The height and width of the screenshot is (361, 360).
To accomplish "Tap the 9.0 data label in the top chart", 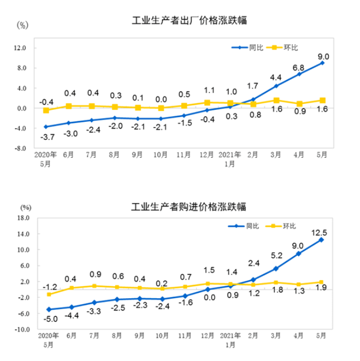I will [x=323, y=56].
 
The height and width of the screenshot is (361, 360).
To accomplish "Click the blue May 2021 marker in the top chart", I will [x=322, y=63].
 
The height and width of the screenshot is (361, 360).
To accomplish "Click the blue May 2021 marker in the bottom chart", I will [x=322, y=240].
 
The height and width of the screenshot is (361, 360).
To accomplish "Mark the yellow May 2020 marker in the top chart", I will [x=46, y=110].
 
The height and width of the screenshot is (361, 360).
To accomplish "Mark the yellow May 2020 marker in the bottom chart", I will [x=49, y=294].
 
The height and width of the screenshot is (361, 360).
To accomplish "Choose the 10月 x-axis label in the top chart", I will [x=161, y=155].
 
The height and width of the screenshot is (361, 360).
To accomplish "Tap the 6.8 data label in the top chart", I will [x=299, y=68].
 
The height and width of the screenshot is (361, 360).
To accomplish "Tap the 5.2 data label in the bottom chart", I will [x=276, y=255].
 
